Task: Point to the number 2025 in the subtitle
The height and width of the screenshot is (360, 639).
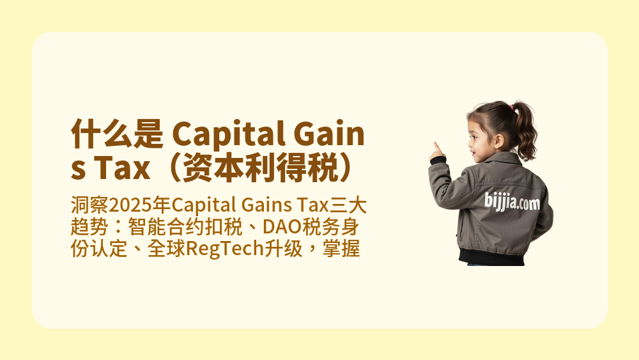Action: click(130, 206)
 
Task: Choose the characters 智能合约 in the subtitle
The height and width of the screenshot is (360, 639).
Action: click(163, 227)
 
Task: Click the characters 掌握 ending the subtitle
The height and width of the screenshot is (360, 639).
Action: click(344, 249)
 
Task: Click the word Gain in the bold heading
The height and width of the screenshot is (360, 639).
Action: click(327, 136)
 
